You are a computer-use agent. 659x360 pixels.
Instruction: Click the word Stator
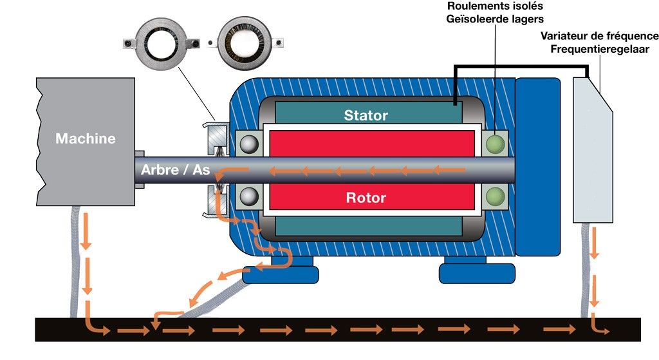[366, 115]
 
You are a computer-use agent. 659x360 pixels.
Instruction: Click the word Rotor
[366, 198]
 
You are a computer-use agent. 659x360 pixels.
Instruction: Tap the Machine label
[86, 138]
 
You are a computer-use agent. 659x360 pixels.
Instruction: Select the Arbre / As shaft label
[175, 169]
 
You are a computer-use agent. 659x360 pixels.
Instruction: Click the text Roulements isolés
[495, 6]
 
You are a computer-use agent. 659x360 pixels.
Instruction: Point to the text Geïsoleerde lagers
[495, 19]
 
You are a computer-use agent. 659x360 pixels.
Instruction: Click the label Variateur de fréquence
[600, 36]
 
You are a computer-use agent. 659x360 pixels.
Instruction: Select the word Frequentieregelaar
[600, 49]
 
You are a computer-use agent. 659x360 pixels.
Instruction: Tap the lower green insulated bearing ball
[495, 196]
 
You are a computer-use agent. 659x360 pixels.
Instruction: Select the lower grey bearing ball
[249, 196]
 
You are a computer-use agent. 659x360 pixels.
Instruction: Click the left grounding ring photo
[162, 43]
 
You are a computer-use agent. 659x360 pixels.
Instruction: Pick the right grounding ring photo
[245, 44]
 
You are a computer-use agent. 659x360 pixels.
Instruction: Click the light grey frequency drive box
[593, 150]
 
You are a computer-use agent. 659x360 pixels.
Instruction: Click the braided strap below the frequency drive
[586, 270]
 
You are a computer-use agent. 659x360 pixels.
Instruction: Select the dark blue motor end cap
[538, 167]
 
